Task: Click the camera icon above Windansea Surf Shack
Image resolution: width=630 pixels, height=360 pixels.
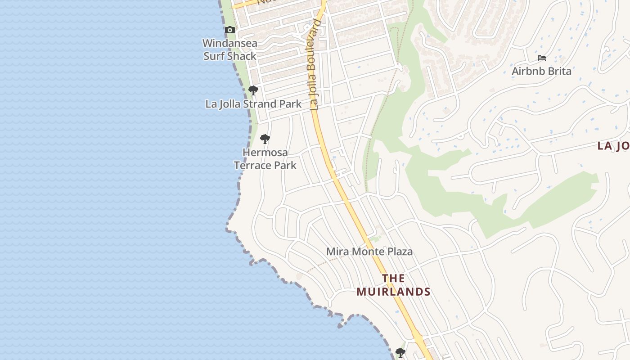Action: [x=230, y=30]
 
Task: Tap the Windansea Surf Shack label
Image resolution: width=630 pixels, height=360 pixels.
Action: [x=229, y=50]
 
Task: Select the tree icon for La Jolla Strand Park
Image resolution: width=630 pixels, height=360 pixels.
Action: [x=253, y=90]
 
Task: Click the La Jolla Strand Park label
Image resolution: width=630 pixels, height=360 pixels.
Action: [x=253, y=104]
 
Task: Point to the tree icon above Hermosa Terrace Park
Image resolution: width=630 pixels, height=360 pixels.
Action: [x=265, y=139]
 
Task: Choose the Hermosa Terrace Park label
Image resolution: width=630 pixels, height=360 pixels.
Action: [x=265, y=159]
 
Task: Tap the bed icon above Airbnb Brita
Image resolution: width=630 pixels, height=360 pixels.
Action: [x=542, y=58]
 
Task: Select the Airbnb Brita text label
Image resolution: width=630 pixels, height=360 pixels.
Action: [x=541, y=71]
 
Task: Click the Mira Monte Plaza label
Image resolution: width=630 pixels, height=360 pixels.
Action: [x=369, y=252]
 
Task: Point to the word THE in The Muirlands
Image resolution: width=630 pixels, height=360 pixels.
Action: [x=393, y=279]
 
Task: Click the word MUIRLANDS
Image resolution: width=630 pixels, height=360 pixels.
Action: [x=393, y=292]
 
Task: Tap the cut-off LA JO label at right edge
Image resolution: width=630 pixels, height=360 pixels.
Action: [x=613, y=146]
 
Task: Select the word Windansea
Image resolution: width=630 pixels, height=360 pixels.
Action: [x=229, y=44]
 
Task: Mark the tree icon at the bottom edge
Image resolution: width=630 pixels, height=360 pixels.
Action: [x=400, y=352]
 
